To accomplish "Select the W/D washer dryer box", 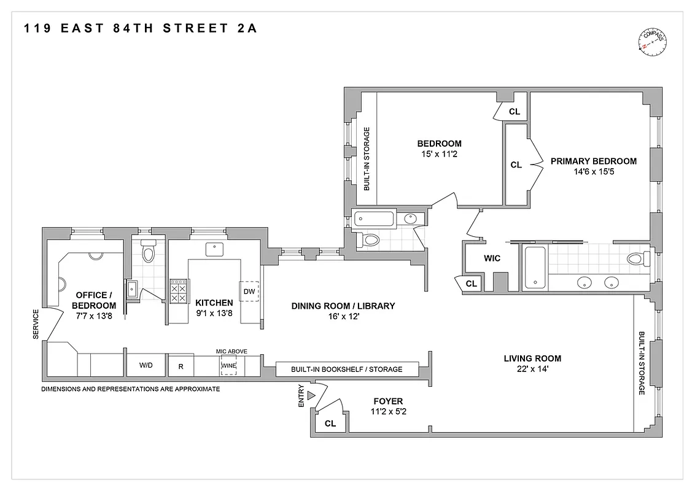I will (x=146, y=365).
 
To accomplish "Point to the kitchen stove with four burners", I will (x=179, y=291).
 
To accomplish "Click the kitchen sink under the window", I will (x=214, y=249).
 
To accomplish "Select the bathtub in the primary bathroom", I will (x=535, y=267).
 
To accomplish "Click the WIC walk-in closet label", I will (x=492, y=258).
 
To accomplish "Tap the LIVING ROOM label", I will (x=532, y=358).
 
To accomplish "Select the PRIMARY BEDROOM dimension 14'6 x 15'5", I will (x=594, y=172).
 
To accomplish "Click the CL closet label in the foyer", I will (x=330, y=423).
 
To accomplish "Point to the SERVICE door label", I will (x=35, y=323).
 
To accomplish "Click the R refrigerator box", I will (x=181, y=366).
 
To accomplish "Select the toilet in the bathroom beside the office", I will (x=147, y=252).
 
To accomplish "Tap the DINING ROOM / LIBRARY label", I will (x=343, y=306).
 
